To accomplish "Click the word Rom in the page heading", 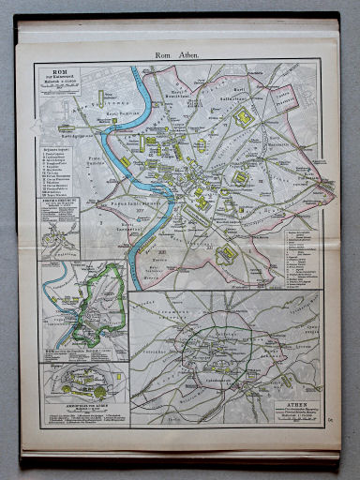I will (164, 55).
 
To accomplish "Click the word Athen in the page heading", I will (188, 55).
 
